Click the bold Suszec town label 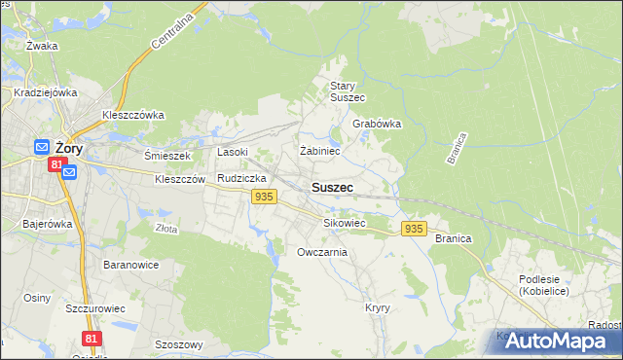coord(332,187)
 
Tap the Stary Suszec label coord(347,91)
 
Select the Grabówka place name coord(377,125)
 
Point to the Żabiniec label coord(319,151)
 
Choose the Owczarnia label coord(322,252)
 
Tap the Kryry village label coord(378,307)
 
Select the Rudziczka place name coord(242,179)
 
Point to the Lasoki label coord(233,152)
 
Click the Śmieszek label coord(167,155)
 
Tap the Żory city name coord(68,148)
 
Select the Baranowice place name coord(130,265)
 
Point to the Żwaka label coord(43,46)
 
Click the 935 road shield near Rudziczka coord(262,197)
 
